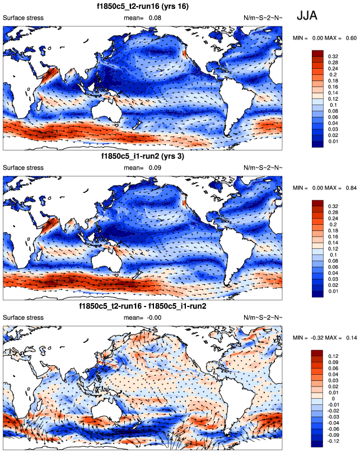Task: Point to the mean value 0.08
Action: (155, 18)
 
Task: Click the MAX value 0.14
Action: (352, 338)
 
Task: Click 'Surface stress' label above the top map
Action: (23, 18)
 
